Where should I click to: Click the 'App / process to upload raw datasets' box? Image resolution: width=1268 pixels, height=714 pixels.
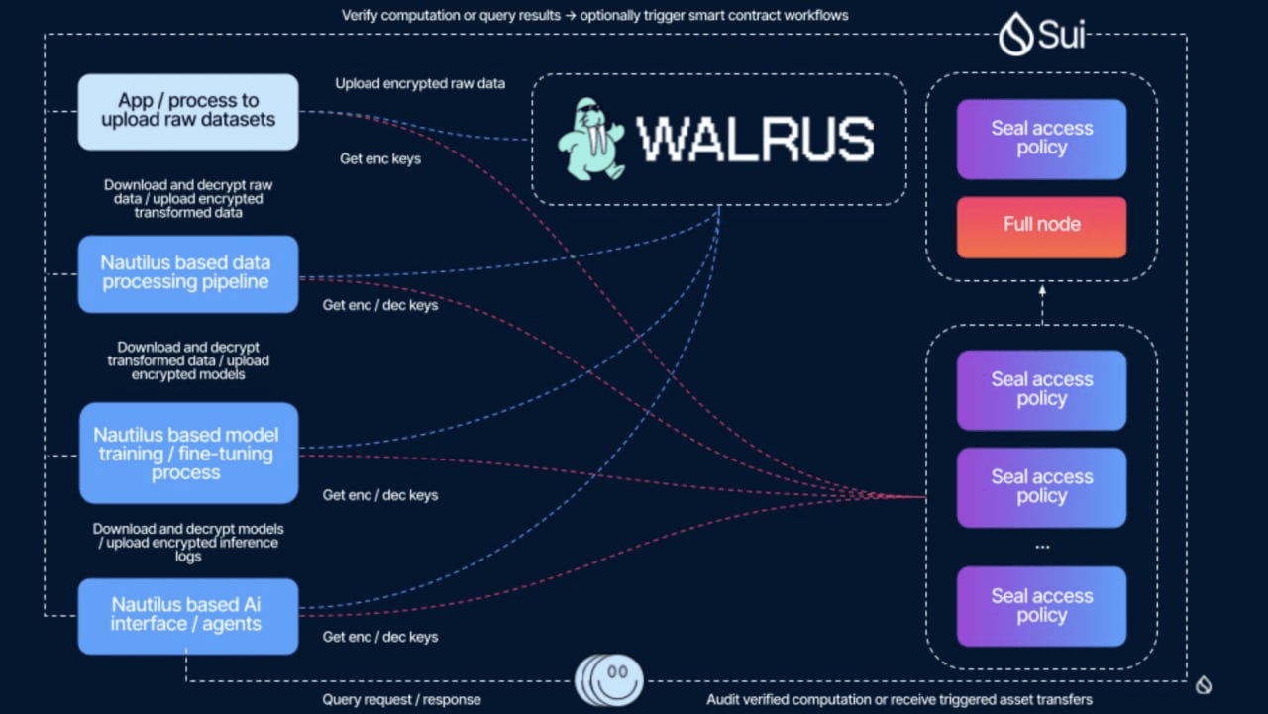coord(188,111)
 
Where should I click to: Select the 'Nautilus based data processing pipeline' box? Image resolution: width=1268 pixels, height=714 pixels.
coord(188,273)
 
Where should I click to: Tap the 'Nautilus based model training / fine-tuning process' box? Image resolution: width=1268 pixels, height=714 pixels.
coord(188,453)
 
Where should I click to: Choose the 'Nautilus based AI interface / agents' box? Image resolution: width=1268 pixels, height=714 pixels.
coord(188,615)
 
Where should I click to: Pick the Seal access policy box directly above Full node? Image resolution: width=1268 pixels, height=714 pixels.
coord(1041,139)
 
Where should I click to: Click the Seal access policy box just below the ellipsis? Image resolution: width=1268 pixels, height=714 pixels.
coord(1041,606)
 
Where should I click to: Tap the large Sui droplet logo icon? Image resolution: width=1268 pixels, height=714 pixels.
coord(1014,35)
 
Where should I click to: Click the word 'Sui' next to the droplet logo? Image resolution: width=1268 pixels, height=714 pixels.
coord(1062,35)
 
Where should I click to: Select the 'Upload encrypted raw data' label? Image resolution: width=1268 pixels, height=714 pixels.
coord(420,83)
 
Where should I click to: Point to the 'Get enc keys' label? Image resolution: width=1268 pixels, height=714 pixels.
coord(380,158)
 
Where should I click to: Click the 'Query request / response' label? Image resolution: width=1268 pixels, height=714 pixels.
coord(401,699)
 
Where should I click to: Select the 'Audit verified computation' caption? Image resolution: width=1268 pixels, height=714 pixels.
coord(899,699)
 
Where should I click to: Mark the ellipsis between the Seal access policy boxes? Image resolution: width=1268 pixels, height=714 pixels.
coord(1041,546)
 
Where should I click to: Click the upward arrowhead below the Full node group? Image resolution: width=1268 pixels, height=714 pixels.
coord(1042,291)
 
